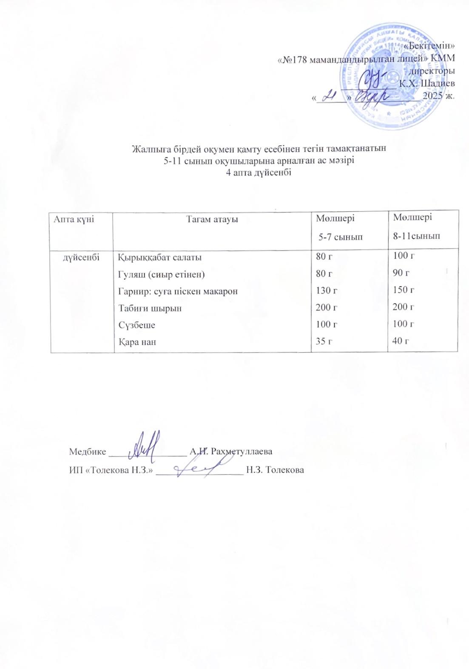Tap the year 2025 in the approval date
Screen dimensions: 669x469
pyautogui.click(x=435, y=96)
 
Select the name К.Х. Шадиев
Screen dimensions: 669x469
pyautogui.click(x=427, y=83)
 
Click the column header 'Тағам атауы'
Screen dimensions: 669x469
pyautogui.click(x=212, y=219)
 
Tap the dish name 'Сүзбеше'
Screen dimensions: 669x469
pyautogui.click(x=136, y=325)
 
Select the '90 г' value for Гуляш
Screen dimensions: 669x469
pyautogui.click(x=401, y=273)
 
